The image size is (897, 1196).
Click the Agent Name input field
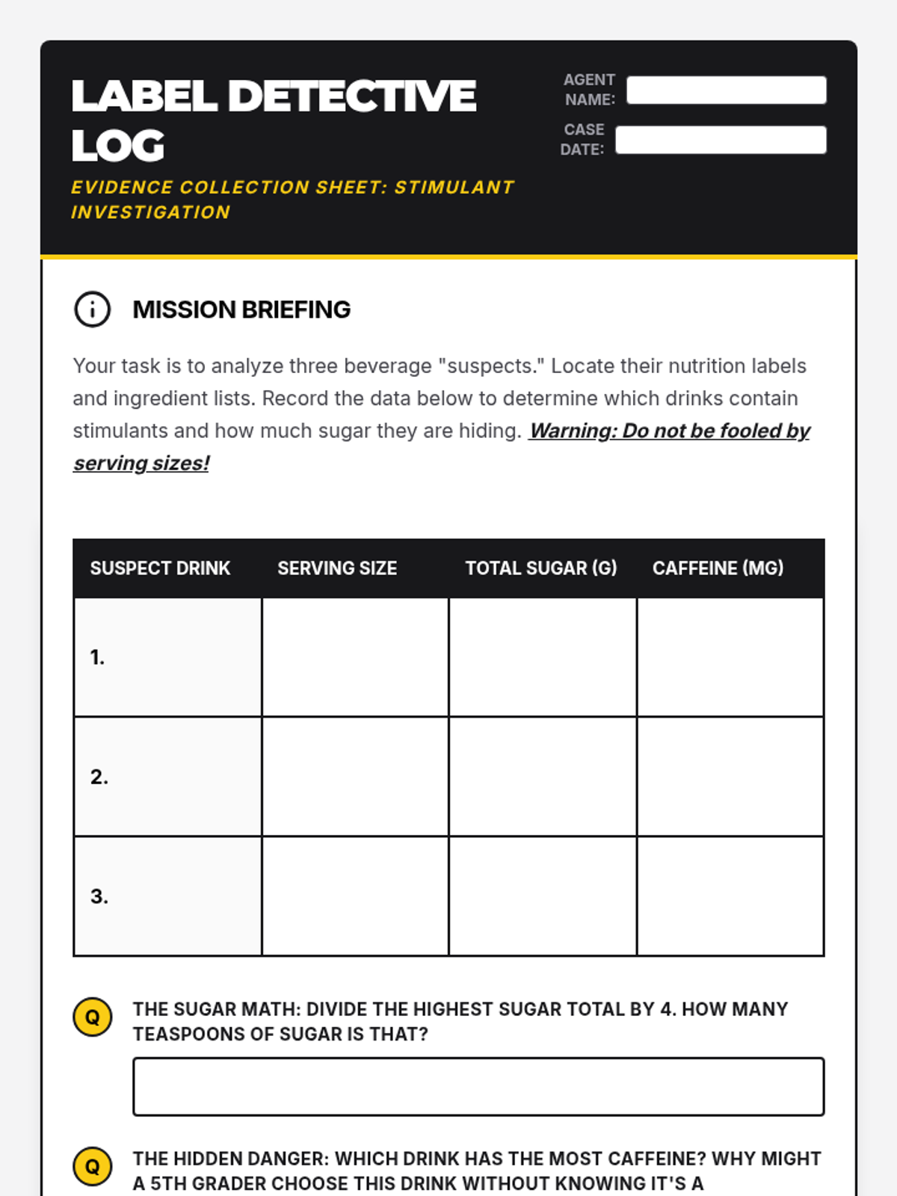pyautogui.click(x=726, y=90)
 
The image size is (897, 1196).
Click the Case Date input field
pyautogui.click(x=721, y=140)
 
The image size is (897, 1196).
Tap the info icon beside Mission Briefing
pyautogui.click(x=92, y=309)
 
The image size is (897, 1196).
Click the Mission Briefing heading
pyautogui.click(x=241, y=309)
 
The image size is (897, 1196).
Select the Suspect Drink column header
pyautogui.click(x=160, y=568)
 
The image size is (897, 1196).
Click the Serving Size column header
pyautogui.click(x=337, y=568)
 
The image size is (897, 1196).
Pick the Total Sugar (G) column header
pyautogui.click(x=541, y=568)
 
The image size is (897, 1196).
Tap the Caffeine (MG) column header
pyautogui.click(x=718, y=568)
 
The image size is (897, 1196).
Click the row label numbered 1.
pyautogui.click(x=97, y=657)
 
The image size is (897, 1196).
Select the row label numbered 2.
pyautogui.click(x=99, y=777)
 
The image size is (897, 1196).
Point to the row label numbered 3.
pyautogui.click(x=99, y=896)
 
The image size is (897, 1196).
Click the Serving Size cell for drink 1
pyautogui.click(x=355, y=657)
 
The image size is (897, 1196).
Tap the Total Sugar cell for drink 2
pyautogui.click(x=543, y=777)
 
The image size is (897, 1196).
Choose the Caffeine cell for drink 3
pyautogui.click(x=730, y=896)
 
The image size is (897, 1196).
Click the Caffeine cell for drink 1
pyautogui.click(x=730, y=657)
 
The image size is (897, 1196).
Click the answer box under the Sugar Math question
pyautogui.click(x=478, y=1087)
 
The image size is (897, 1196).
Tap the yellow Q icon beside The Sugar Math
pyautogui.click(x=92, y=1017)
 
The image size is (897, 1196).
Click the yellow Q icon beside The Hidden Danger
pyautogui.click(x=92, y=1167)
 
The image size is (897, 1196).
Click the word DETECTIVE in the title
pyautogui.click(x=351, y=96)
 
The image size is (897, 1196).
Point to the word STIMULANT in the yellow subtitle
pyautogui.click(x=454, y=187)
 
